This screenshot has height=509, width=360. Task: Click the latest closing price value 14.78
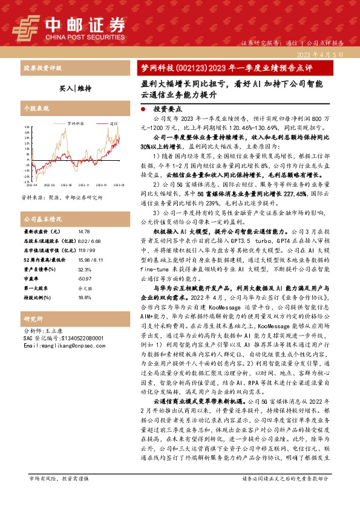coord(83,231)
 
